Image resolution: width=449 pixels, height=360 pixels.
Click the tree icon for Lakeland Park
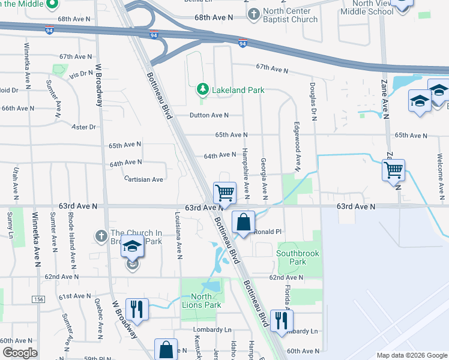point(203,90)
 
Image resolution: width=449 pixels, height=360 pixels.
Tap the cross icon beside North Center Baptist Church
point(254,13)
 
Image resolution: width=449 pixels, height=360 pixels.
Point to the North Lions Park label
point(202,301)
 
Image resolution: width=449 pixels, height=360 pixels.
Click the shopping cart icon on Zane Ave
point(393,170)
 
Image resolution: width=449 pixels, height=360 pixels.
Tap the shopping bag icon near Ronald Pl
point(243,221)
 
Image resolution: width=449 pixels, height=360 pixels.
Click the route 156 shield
point(40,299)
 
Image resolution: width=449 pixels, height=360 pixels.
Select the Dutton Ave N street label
point(209,115)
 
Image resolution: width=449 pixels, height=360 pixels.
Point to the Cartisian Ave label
point(143,179)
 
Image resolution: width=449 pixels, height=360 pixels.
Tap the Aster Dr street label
point(83,127)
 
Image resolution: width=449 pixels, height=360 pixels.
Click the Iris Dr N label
point(82,74)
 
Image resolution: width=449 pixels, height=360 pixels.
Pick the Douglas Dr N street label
point(313,101)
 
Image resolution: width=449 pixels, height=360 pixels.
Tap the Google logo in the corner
point(20,353)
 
